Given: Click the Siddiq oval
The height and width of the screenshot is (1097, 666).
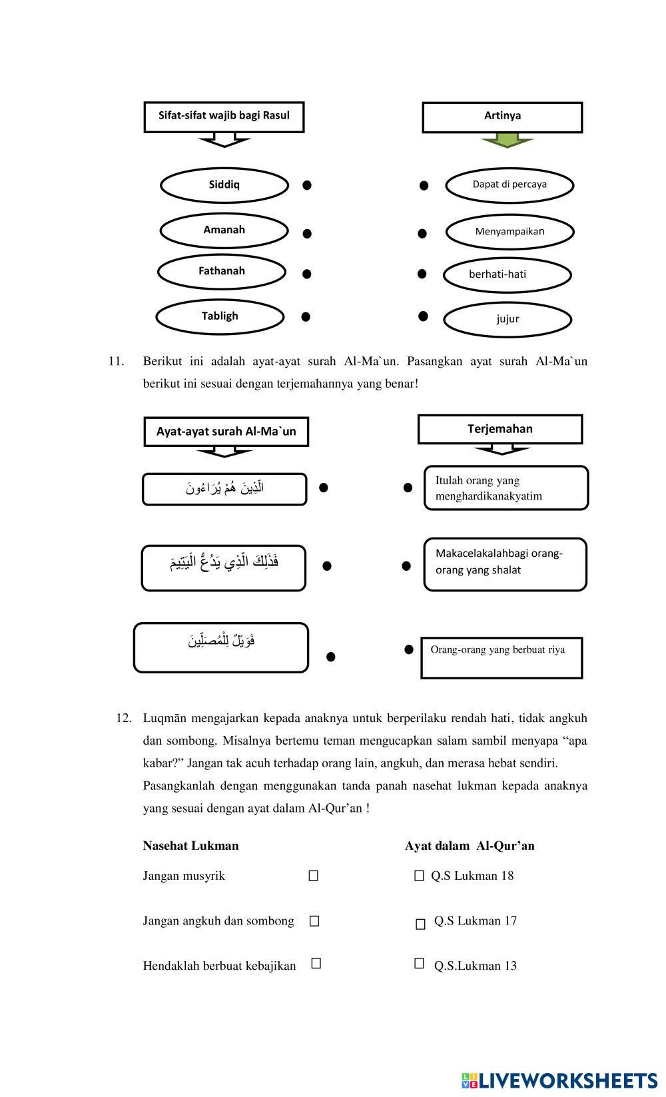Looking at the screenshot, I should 224,185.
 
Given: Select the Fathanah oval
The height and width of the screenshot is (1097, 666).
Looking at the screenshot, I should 222,272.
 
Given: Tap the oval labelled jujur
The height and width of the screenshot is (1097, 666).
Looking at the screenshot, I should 507,319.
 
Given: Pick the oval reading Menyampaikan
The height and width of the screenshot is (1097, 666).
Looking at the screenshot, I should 509,232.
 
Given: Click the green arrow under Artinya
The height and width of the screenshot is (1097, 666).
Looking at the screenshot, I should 507,140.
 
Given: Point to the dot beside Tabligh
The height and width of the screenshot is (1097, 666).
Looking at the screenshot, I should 306,317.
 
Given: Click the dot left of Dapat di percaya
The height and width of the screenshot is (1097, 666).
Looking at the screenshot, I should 424,185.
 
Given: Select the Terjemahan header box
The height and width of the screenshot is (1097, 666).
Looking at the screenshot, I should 500,429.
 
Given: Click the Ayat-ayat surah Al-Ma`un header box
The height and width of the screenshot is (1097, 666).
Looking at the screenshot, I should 226,432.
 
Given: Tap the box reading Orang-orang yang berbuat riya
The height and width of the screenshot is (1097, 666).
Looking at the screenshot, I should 501,657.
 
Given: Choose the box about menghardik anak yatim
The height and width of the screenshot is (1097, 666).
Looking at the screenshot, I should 506,488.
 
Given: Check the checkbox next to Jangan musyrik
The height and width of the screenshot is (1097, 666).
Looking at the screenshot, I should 314,877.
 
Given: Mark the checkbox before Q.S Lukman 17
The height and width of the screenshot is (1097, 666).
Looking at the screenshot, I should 420,924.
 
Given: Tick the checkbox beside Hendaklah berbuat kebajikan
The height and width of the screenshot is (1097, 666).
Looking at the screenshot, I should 316,963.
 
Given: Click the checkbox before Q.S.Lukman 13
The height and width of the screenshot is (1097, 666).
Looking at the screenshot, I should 419,963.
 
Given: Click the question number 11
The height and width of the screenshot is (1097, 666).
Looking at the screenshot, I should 116,362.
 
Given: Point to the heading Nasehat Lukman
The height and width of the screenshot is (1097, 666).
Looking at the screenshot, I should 190,846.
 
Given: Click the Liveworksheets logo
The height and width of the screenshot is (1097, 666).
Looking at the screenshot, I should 559,1080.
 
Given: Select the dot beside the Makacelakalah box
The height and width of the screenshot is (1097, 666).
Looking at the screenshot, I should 406,566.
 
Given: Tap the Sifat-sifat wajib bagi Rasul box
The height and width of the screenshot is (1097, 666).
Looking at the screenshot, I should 224,117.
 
